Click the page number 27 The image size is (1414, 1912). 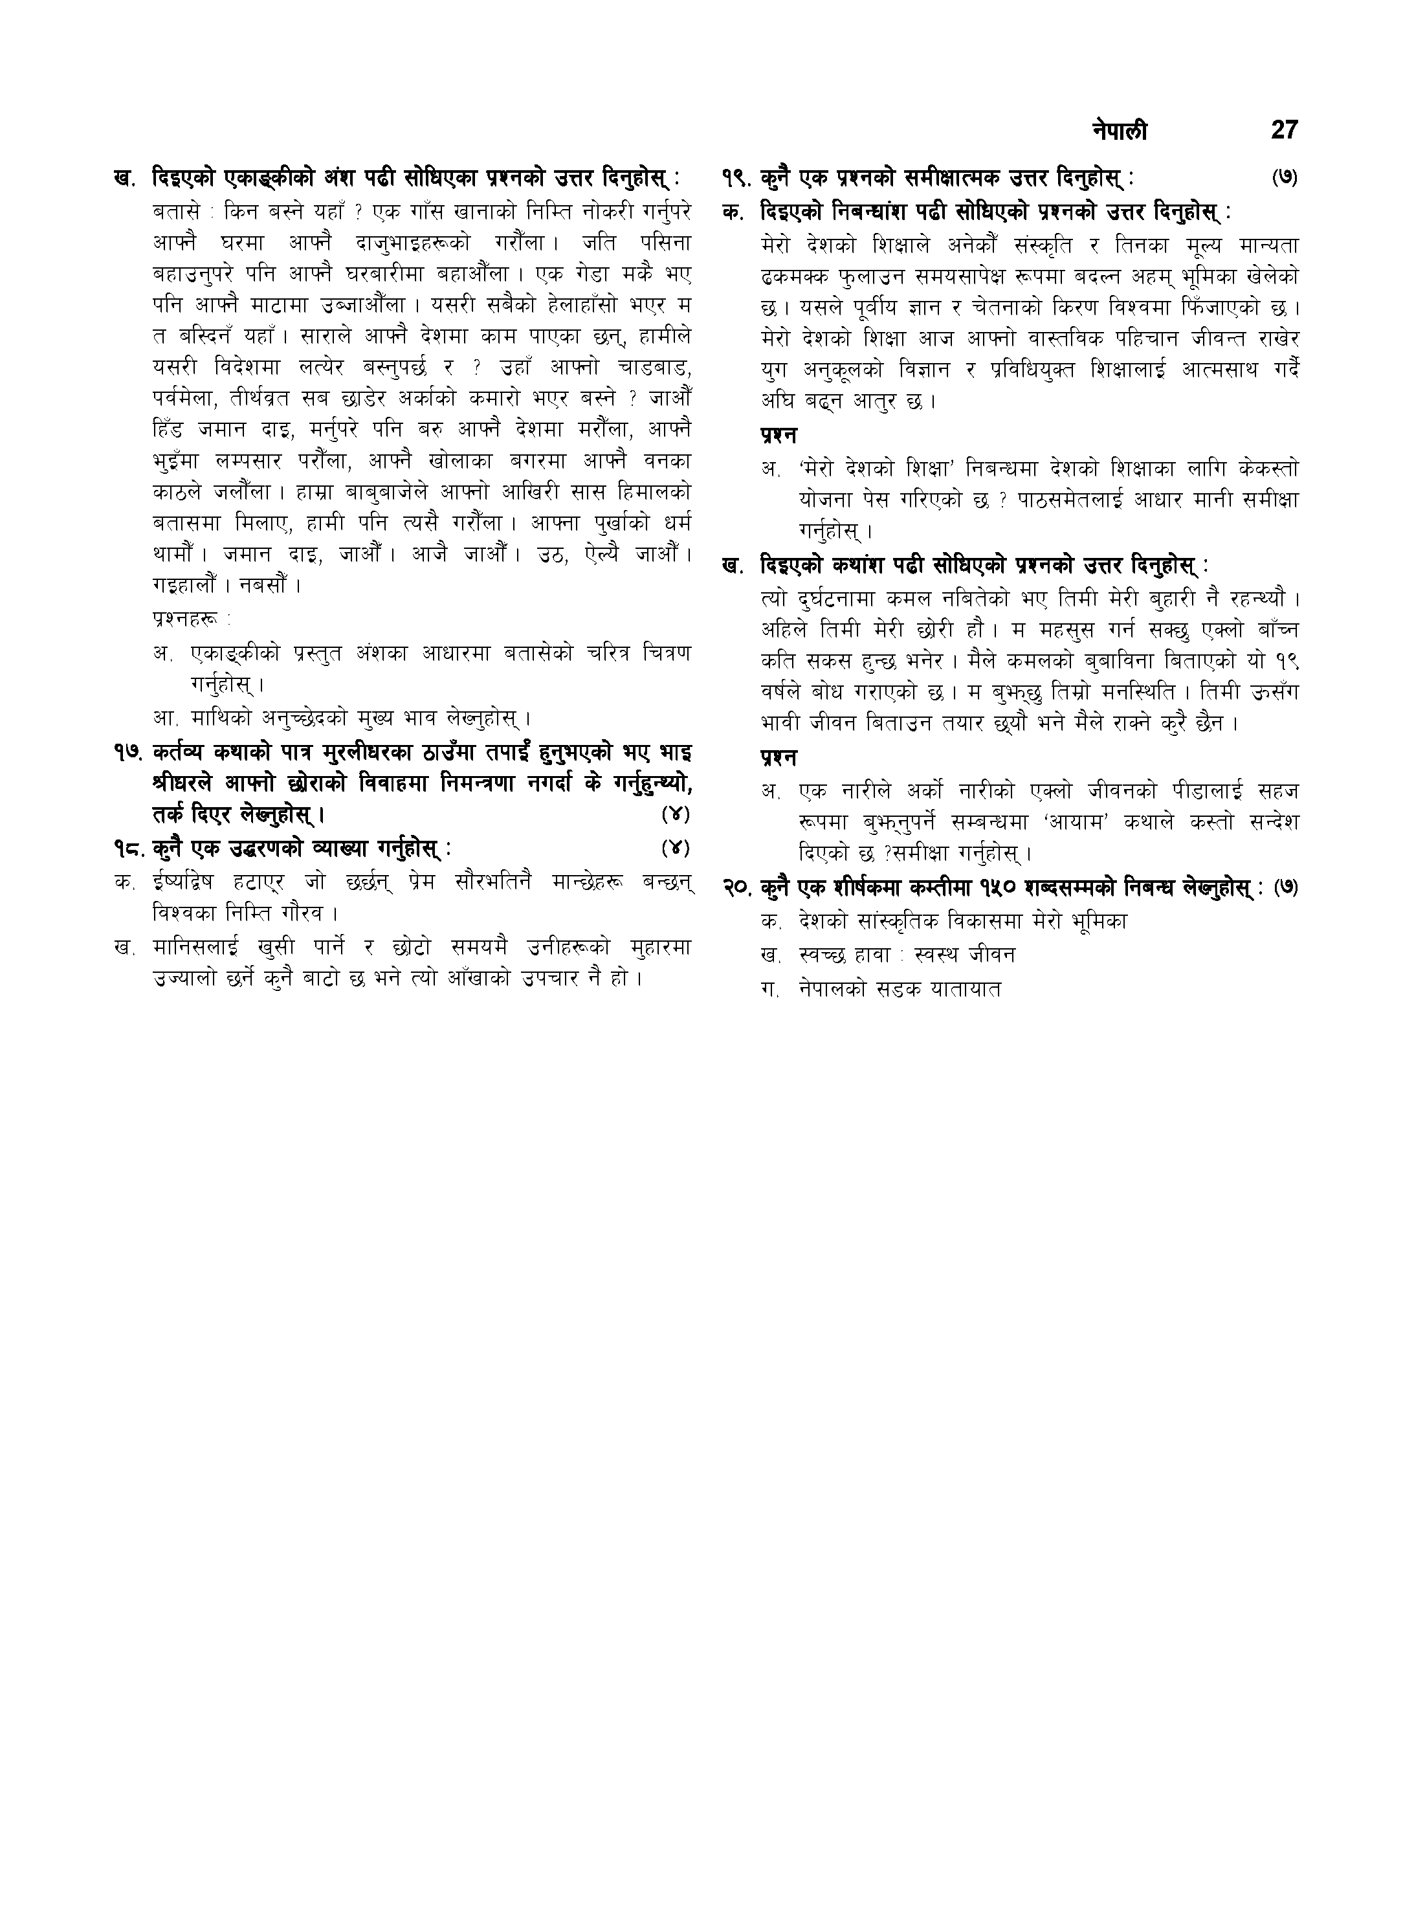point(1284,130)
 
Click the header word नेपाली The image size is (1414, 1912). point(1120,131)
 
